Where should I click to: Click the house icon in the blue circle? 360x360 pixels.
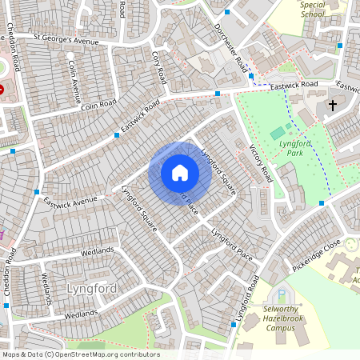point(179,173)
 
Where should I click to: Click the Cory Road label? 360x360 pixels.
point(158,67)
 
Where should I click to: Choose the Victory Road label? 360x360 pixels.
point(262,163)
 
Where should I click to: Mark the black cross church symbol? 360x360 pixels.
point(333,105)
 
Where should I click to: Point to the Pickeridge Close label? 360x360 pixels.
point(316,254)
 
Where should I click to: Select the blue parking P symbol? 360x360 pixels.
point(281,294)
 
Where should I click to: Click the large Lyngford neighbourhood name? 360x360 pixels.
point(92,288)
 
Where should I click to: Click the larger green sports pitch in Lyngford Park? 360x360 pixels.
point(278,131)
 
